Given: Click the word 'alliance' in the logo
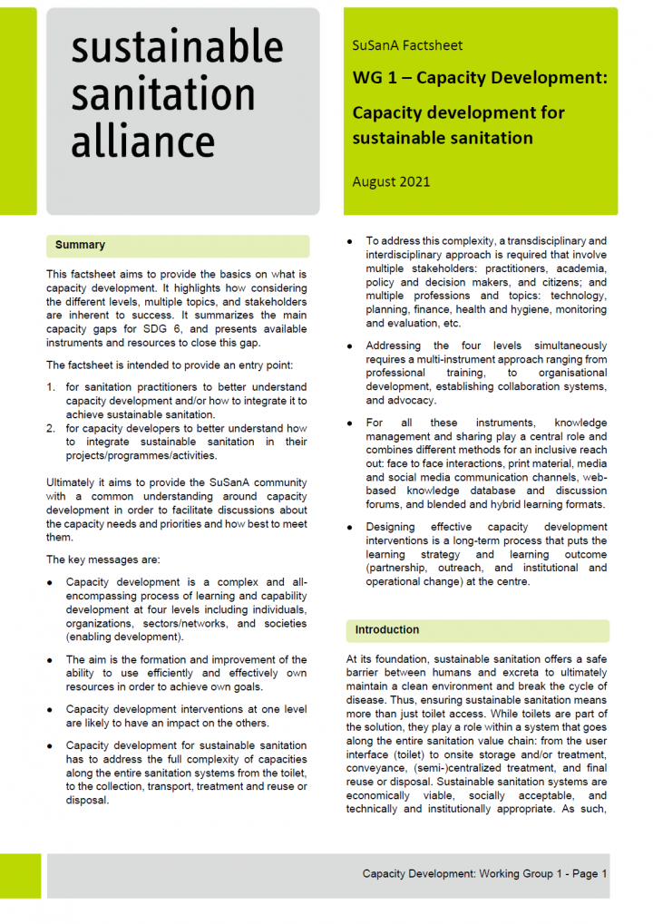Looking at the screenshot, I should point(142,142).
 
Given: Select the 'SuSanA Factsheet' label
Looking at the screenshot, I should point(406,45).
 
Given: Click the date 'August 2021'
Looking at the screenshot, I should point(391,181).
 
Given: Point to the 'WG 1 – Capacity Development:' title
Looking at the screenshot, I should point(479,79).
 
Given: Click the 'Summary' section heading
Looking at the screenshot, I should point(80,245).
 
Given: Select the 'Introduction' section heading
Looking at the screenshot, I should point(386,629).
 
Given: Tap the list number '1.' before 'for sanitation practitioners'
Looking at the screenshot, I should point(52,387).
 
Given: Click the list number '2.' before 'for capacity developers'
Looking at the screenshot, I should point(52,429).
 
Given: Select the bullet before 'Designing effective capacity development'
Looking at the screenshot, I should point(351,527).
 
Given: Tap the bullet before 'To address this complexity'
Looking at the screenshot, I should point(351,241).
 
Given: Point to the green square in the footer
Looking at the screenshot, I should point(19,875).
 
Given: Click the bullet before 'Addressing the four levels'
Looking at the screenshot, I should point(351,346).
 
